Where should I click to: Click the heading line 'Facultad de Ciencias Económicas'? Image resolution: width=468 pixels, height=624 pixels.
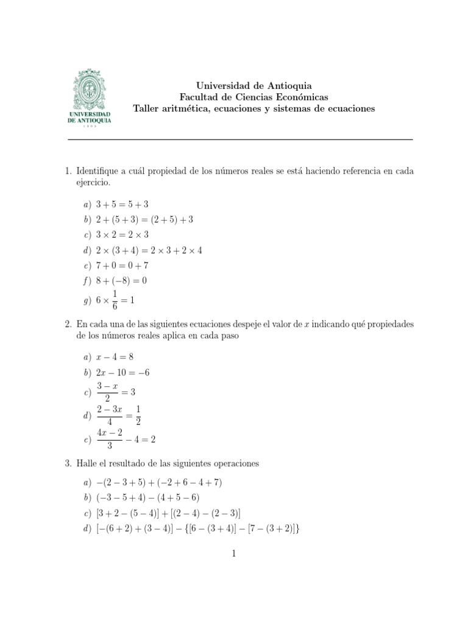tap(253, 97)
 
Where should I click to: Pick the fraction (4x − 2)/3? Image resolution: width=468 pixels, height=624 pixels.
tap(110, 439)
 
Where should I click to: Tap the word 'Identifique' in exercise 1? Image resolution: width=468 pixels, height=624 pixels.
tap(98, 171)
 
